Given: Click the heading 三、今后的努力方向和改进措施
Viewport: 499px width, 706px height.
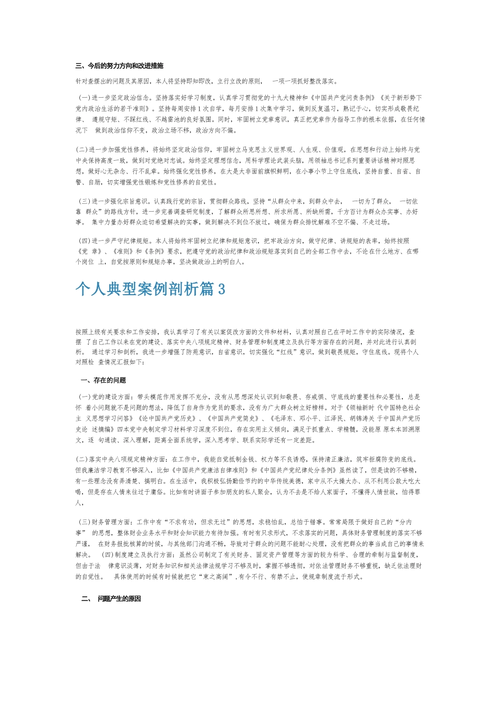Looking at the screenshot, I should pos(119,66).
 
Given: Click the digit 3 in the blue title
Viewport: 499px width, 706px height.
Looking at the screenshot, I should pos(221,289).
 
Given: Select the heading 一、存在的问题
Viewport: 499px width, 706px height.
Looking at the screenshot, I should pos(103,380).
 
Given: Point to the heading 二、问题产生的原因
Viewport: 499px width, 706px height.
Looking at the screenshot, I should pos(111,599).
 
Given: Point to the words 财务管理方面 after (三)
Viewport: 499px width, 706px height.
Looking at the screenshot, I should pos(112,522).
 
